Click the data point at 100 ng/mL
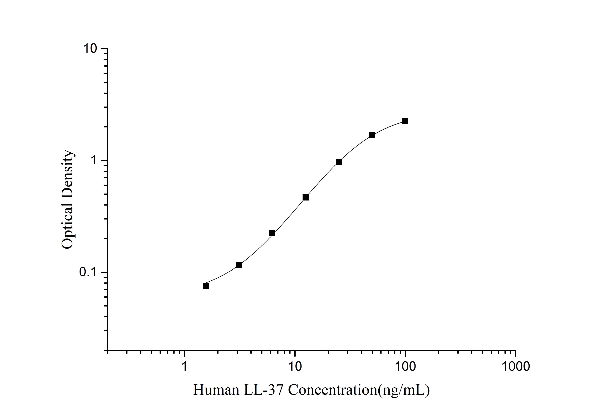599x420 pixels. (x=405, y=121)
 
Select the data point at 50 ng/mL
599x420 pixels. (x=372, y=135)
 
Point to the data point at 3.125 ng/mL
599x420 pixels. (x=239, y=265)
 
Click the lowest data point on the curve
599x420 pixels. (x=206, y=286)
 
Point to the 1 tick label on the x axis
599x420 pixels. (x=184, y=366)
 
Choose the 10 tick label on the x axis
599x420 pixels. (x=295, y=366)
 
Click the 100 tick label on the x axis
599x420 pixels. (x=405, y=366)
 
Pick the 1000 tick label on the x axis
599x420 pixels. (x=515, y=366)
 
